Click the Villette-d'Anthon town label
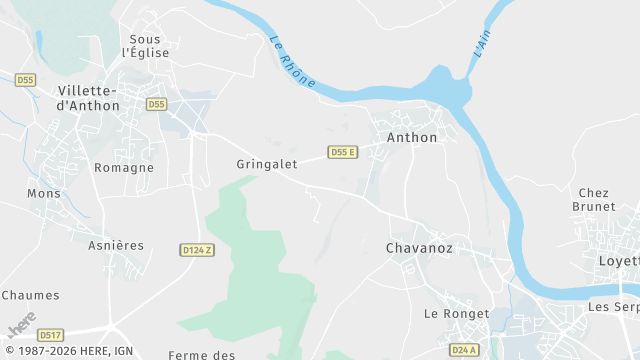coord(82,97)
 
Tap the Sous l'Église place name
coord(145,46)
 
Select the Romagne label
coord(124,168)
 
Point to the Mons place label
coord(44,194)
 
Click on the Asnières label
coord(116,245)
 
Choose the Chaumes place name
coord(31,295)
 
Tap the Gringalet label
coord(267,164)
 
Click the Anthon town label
coord(412,138)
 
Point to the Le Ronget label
coord(457,314)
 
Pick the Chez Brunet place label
coord(594,199)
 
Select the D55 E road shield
coord(343,152)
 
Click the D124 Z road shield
coord(198,250)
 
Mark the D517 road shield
coord(50,335)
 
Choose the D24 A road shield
coord(463,350)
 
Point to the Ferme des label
coord(202,354)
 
